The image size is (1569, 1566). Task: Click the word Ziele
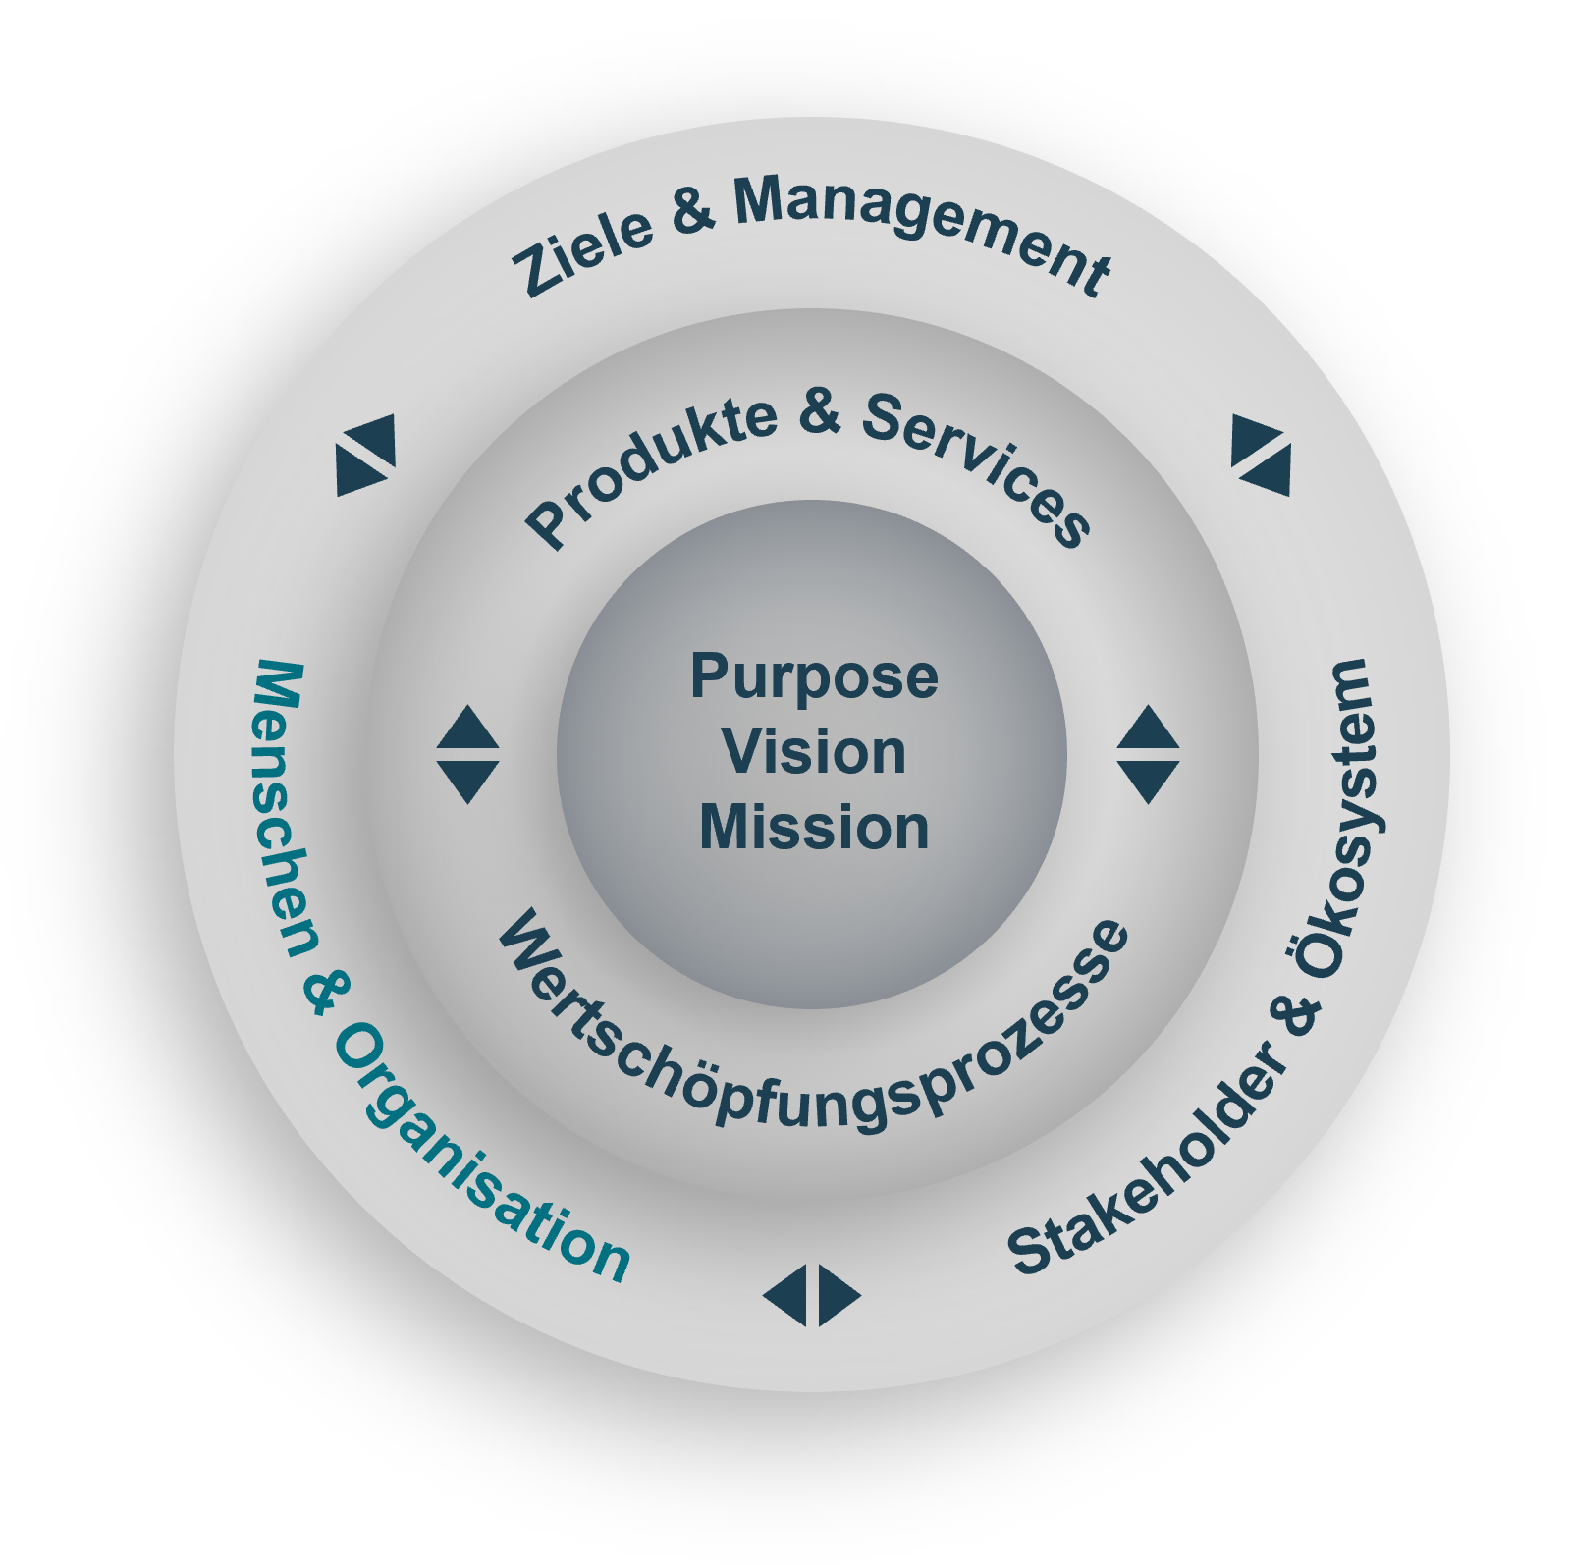point(582,250)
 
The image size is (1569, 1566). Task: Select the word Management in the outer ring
point(923,228)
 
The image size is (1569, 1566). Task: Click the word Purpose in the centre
point(814,676)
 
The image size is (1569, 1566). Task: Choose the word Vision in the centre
point(814,752)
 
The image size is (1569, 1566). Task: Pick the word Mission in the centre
point(814,828)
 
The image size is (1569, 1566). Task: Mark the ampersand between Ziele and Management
point(693,209)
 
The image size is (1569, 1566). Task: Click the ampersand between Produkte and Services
point(820,411)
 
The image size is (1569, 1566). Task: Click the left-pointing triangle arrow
point(786,1296)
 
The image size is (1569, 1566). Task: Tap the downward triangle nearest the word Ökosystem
point(1149,782)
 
